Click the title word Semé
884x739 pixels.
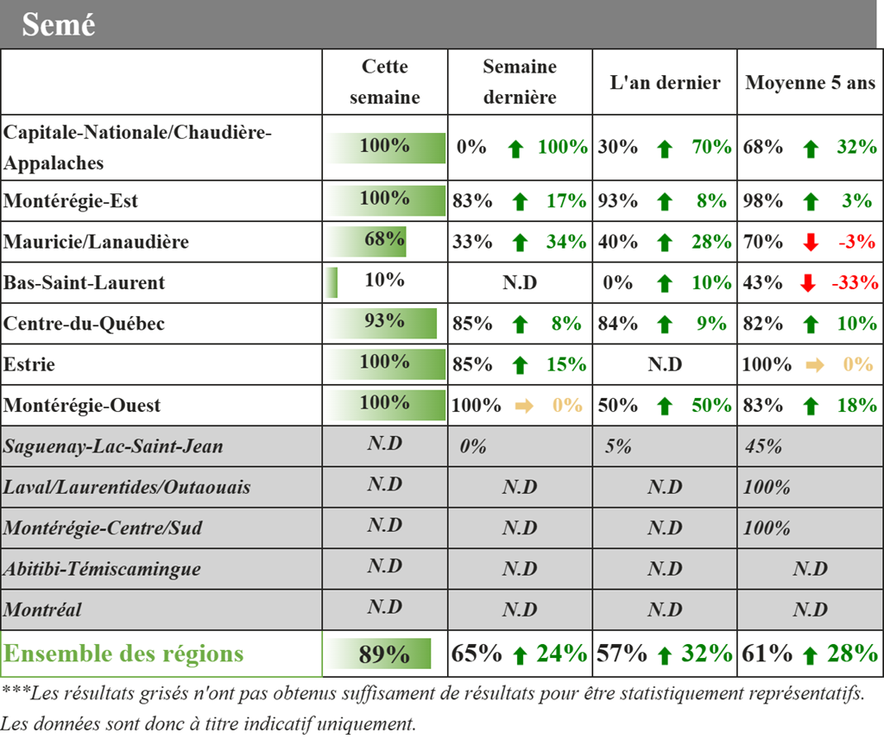pos(59,25)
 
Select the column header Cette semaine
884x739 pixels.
pos(384,82)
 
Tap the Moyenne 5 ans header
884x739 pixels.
pos(810,82)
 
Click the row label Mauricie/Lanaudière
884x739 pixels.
pos(96,242)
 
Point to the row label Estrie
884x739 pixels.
pos(28,364)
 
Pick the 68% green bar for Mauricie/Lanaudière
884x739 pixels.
pos(365,241)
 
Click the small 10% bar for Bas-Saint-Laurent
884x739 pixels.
pos(331,281)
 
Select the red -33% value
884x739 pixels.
pos(855,281)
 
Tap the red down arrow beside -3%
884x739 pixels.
pos(811,242)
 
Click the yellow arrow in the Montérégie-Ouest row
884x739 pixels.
pos(524,406)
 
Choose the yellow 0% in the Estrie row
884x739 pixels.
pos(857,364)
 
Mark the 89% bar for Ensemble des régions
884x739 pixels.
pos(378,654)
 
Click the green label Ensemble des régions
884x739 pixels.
pos(123,654)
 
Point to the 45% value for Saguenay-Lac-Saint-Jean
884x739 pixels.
pos(763,446)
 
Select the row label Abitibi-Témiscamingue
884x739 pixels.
pos(102,569)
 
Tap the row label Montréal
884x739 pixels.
pos(42,610)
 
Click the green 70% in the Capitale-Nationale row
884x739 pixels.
pos(711,147)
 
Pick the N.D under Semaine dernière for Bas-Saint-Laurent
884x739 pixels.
pos(520,282)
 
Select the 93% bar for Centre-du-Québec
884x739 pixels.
pos(381,323)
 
